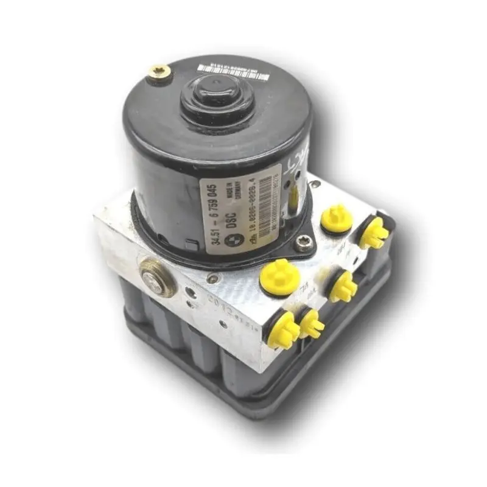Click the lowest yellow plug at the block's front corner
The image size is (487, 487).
[x=284, y=331]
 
